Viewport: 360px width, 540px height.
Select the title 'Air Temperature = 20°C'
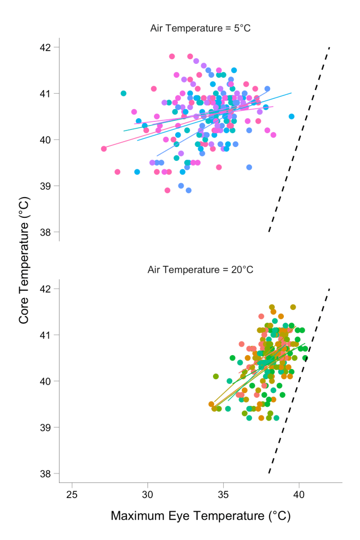(200, 269)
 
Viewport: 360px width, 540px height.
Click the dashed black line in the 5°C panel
(299, 140)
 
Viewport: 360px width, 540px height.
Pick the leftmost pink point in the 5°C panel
(104, 149)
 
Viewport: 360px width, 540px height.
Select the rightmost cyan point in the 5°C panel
(291, 116)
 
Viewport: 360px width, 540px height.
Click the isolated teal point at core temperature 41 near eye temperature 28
(124, 93)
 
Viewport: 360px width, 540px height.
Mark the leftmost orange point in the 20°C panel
(211, 404)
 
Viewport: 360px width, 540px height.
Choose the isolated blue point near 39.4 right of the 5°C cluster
(249, 167)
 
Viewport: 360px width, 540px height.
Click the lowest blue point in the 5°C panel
(189, 190)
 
